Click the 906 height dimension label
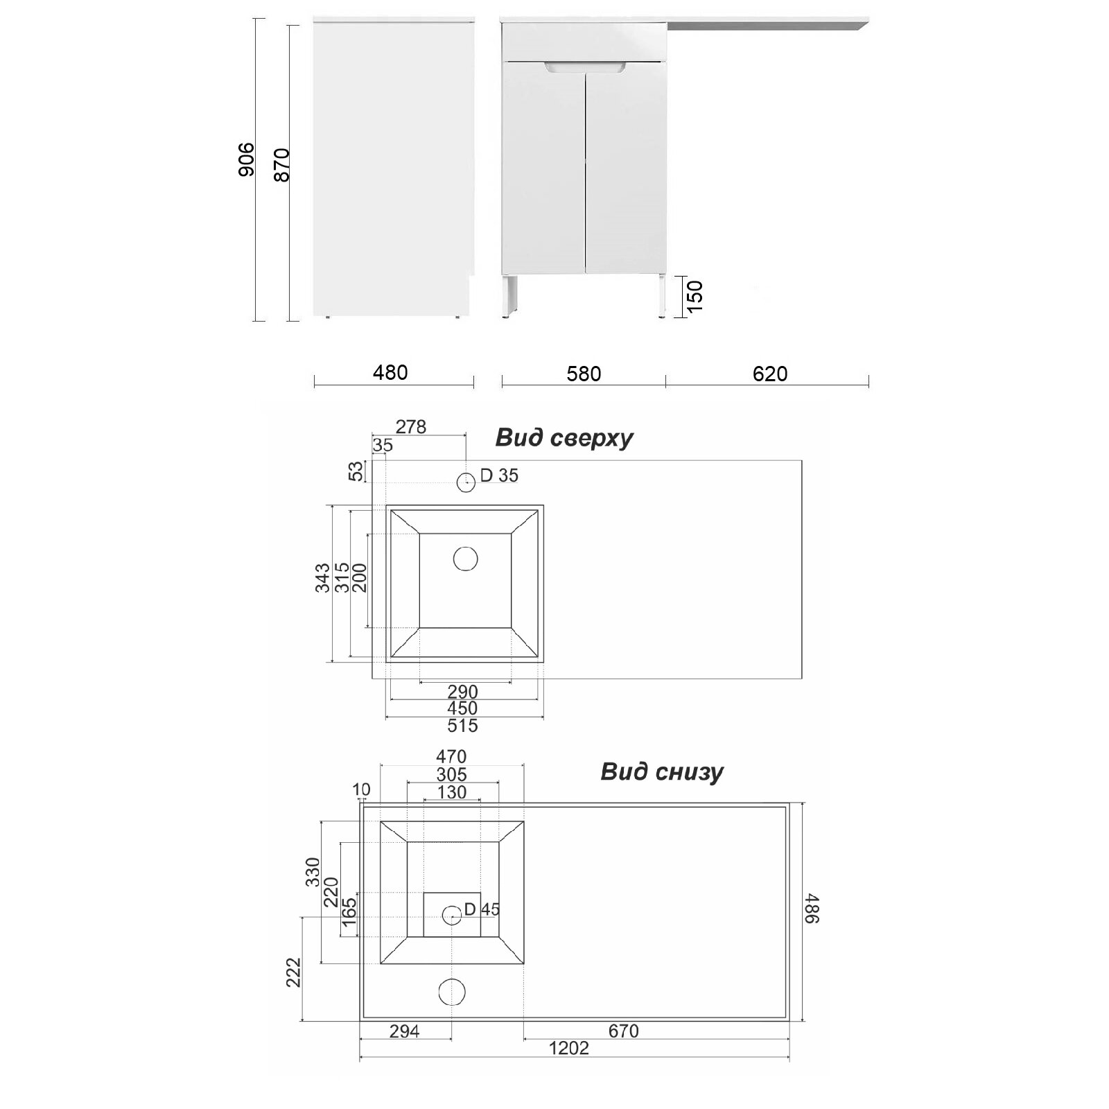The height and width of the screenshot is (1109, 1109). (246, 159)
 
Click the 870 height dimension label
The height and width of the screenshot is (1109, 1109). (281, 165)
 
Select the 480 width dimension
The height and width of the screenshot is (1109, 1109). (390, 372)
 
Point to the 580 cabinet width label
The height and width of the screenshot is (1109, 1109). (584, 374)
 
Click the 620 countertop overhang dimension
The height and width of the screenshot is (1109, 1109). (770, 374)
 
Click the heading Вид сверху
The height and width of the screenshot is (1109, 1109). (564, 438)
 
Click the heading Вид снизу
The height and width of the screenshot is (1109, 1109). (662, 771)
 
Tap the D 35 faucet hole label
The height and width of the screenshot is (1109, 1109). (499, 475)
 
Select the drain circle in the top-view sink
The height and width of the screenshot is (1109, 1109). (466, 559)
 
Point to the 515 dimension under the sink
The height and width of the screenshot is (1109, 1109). (462, 726)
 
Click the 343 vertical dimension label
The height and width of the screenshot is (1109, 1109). (322, 578)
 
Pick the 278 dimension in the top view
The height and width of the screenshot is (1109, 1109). (411, 426)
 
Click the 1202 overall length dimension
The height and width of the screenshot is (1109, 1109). (569, 1067)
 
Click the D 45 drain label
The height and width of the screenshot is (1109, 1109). (482, 909)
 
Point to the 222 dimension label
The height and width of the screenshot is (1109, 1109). (294, 972)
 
